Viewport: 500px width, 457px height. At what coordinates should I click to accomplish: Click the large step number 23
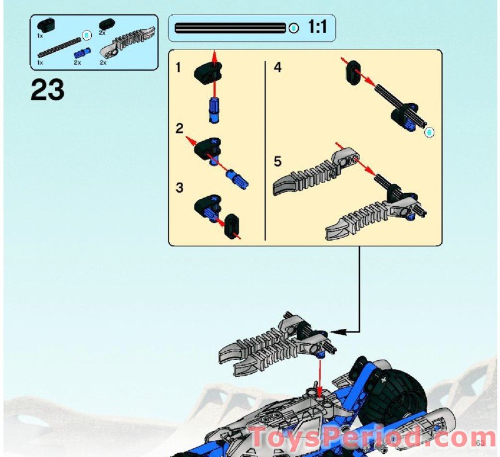click(47, 91)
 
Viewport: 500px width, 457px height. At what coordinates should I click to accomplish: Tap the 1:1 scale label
click(321, 28)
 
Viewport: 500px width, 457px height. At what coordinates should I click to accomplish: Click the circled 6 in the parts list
click(87, 34)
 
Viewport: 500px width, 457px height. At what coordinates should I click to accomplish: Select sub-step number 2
click(179, 129)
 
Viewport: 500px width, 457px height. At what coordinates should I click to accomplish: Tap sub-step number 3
click(179, 187)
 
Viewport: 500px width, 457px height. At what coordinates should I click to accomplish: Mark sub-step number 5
click(277, 161)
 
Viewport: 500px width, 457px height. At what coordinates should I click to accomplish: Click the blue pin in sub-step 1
click(213, 109)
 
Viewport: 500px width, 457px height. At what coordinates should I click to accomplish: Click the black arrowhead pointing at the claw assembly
click(331, 331)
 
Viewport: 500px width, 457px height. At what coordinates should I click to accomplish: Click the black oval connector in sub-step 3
click(232, 226)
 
